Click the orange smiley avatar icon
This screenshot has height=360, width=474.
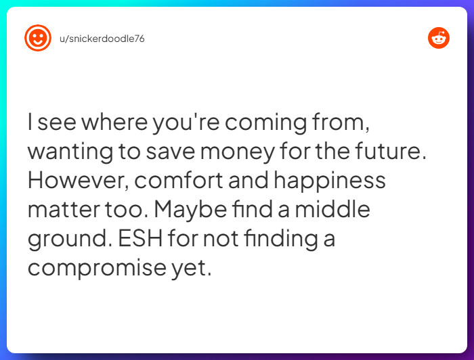pyautogui.click(x=38, y=39)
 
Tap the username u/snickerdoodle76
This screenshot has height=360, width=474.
pyautogui.click(x=102, y=39)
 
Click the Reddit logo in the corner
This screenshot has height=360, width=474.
pyautogui.click(x=439, y=39)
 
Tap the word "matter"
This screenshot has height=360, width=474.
pyautogui.click(x=61, y=210)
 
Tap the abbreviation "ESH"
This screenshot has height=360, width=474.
pyautogui.click(x=149, y=239)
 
